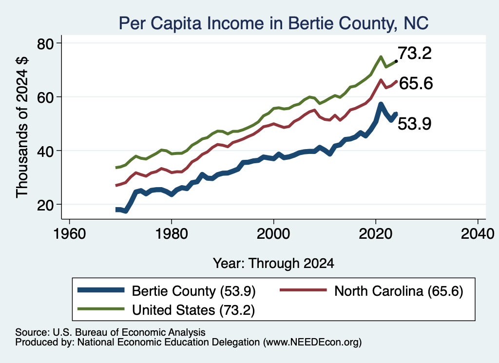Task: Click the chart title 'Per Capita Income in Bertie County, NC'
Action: (274, 23)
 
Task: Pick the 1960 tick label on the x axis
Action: (70, 234)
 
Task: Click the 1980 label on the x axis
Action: (172, 234)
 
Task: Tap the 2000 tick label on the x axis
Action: (273, 234)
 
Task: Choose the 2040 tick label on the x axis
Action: (478, 234)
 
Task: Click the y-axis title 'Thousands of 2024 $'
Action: (22, 127)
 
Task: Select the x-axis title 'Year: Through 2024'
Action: (273, 264)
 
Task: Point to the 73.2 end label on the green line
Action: (415, 53)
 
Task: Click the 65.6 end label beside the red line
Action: (416, 83)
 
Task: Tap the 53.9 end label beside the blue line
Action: (415, 124)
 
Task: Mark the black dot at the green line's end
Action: (396, 61)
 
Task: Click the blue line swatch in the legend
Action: (101, 290)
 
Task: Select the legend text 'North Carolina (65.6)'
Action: (399, 291)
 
